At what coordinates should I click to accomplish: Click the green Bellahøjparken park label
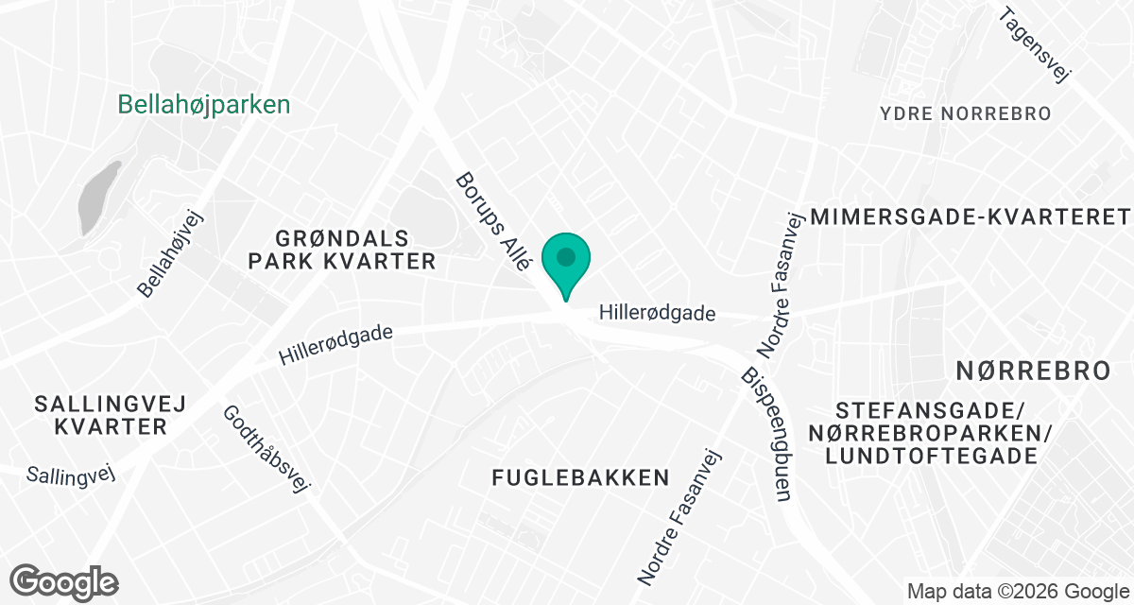[x=203, y=105]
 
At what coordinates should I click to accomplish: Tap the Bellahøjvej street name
[x=171, y=253]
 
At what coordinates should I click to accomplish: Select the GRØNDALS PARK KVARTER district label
[x=342, y=249]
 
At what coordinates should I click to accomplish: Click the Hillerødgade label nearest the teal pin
[x=658, y=313]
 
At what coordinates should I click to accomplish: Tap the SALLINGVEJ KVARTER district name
[x=111, y=415]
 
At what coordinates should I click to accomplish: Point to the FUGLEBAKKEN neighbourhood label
[x=580, y=478]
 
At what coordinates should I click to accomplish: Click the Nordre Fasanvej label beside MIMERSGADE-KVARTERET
[x=781, y=286]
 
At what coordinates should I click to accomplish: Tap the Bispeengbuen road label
[x=766, y=435]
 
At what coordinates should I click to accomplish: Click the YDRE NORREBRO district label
[x=965, y=114]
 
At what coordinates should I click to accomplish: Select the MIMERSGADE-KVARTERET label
[x=971, y=216]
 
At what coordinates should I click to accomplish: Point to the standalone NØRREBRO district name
[x=1033, y=371]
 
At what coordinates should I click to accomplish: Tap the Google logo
[x=64, y=580]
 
